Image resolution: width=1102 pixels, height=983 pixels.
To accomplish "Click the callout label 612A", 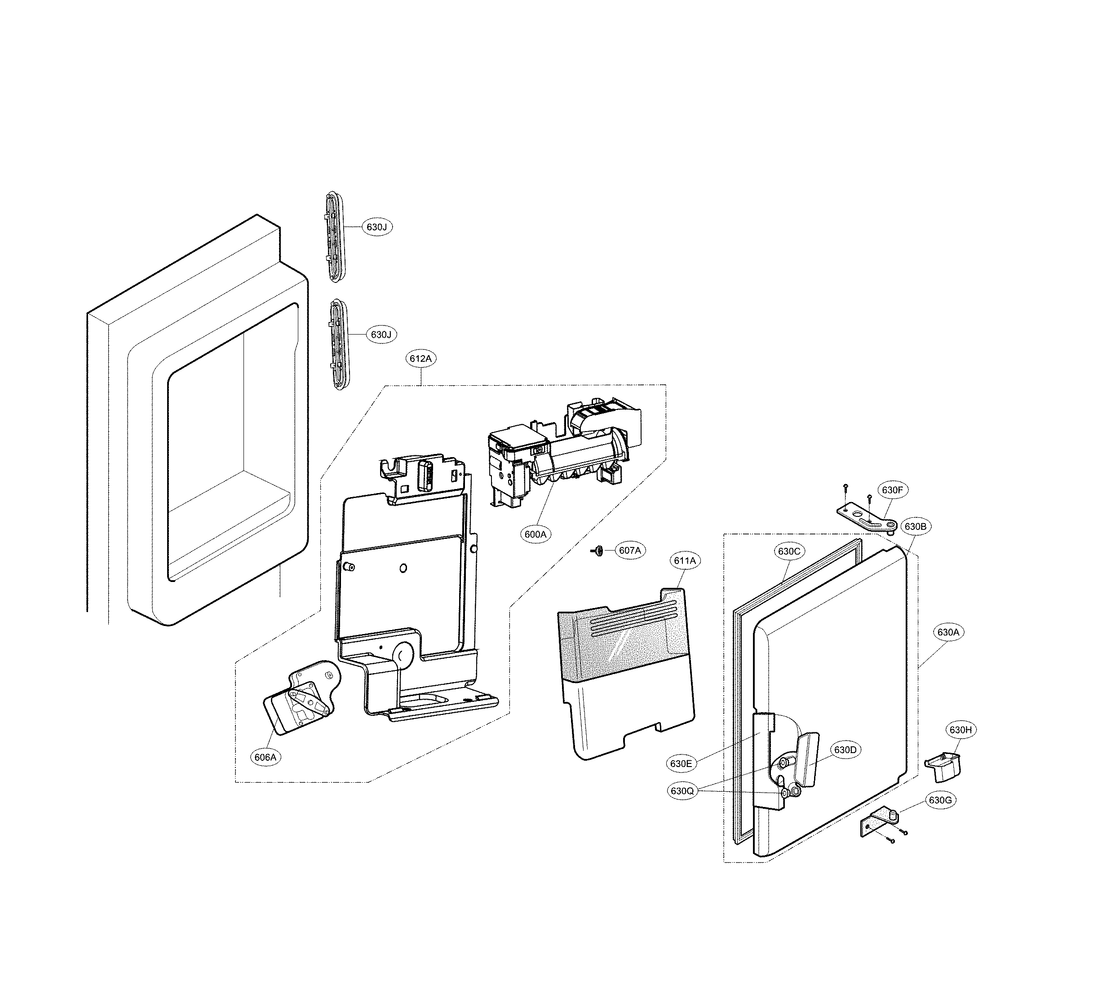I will click(x=421, y=359).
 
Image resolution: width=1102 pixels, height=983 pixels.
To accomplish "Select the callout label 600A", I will click(x=536, y=534).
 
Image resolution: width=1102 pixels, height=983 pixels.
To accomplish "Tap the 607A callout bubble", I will click(x=630, y=551).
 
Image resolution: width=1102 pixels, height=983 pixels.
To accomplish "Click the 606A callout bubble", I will click(x=266, y=757).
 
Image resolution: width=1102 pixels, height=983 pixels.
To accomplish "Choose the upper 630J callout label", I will click(x=377, y=227).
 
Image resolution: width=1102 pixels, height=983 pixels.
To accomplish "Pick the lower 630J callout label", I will click(x=381, y=335).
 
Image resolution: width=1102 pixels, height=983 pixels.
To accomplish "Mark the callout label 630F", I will click(x=892, y=490).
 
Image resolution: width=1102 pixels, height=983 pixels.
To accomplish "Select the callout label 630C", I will click(x=789, y=551).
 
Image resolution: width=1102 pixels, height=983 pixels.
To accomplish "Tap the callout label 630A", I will click(x=948, y=632).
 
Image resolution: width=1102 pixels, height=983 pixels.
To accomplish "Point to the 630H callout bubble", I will click(x=961, y=730).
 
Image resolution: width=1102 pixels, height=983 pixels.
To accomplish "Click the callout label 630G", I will click(x=940, y=800).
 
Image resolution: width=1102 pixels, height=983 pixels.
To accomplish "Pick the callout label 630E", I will click(x=681, y=764).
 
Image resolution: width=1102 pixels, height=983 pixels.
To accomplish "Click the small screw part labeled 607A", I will click(x=598, y=551).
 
